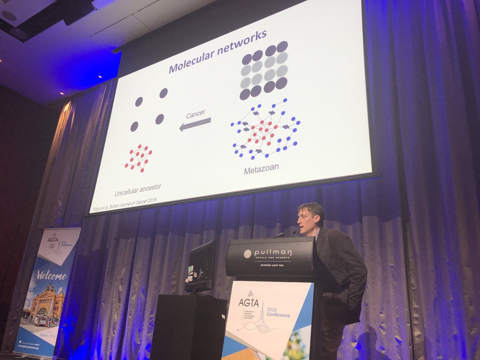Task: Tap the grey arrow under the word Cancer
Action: click(195, 124)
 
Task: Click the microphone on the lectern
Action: click(293, 232)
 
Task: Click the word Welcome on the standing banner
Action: click(52, 275)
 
